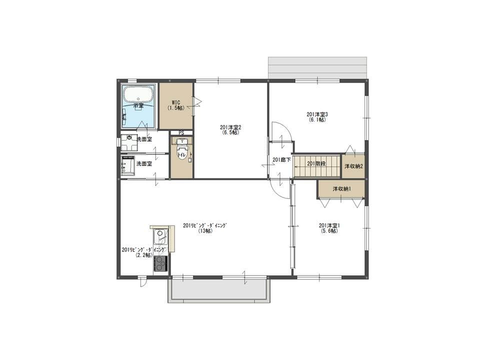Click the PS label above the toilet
(181, 133)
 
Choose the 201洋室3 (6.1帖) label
(317, 117)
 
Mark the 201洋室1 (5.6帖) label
(329, 228)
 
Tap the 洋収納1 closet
(341, 189)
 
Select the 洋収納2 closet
(353, 166)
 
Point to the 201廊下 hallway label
(281, 160)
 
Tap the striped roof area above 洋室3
(318, 67)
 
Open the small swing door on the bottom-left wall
(142, 282)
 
